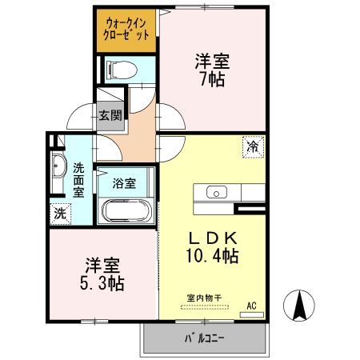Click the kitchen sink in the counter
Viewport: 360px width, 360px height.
click(x=218, y=192)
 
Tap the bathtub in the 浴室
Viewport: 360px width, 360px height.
click(x=127, y=213)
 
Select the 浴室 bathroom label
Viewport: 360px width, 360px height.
click(x=124, y=182)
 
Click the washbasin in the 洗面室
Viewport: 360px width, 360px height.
click(x=59, y=169)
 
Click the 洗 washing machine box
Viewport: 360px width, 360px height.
click(x=59, y=214)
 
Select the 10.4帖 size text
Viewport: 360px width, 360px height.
click(x=211, y=257)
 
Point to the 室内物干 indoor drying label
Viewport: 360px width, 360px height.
click(x=204, y=298)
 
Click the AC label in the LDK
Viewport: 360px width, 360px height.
click(x=251, y=305)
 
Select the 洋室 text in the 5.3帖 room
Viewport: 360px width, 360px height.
click(x=102, y=263)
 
